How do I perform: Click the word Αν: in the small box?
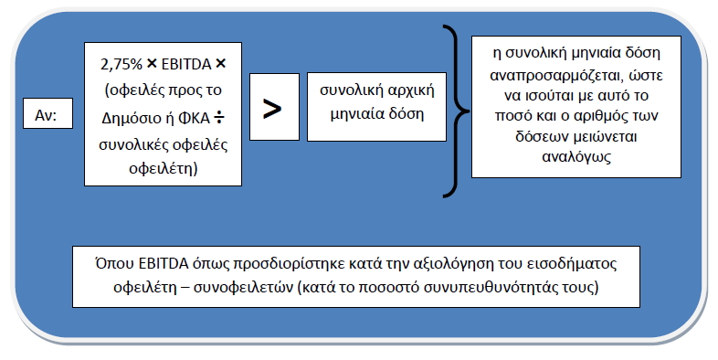click(46, 115)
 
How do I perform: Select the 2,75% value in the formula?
click(121, 64)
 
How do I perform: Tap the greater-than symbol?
click(272, 109)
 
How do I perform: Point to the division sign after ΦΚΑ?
click(219, 118)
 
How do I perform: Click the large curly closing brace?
click(457, 111)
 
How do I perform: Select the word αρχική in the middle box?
click(411, 90)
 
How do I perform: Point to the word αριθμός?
click(597, 116)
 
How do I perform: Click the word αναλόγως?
click(576, 157)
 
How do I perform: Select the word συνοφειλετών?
click(243, 288)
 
